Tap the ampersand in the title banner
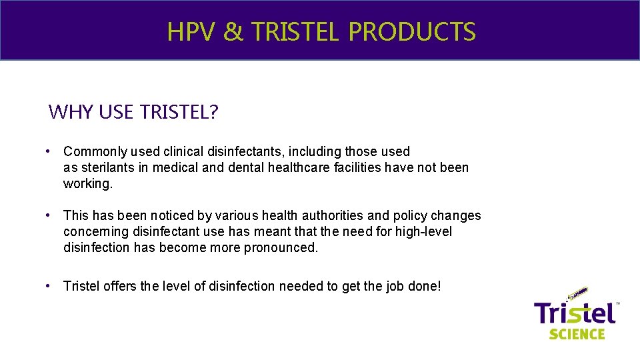[233, 32]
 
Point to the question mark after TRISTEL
[213, 112]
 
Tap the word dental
[246, 167]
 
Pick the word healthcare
[300, 167]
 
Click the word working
[88, 183]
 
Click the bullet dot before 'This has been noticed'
[50, 216]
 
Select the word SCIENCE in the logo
[577, 333]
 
